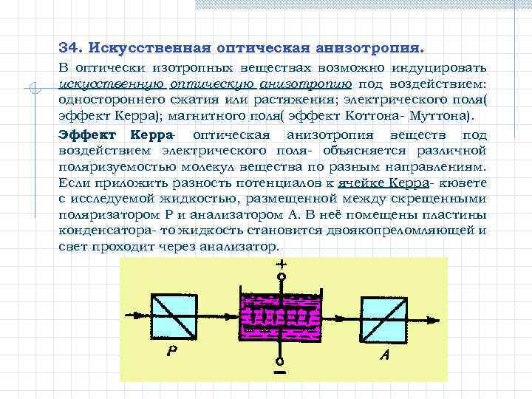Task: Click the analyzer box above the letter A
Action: pos(383,318)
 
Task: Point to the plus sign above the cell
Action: pos(280,264)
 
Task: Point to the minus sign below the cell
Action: pos(281,375)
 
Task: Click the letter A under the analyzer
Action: pos(385,355)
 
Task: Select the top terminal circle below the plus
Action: pos(280,277)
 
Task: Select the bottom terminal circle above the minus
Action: pos(280,361)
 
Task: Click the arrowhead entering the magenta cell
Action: pos(232,317)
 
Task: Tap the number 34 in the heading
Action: pos(68,48)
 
